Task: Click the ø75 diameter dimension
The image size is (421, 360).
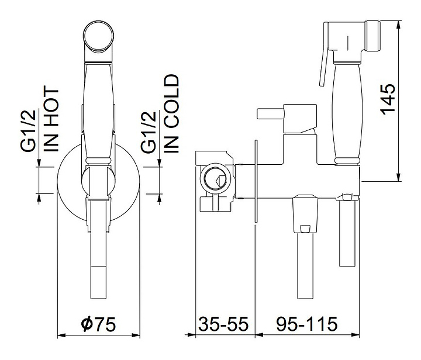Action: [x=98, y=324]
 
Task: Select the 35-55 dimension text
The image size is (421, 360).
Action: [x=223, y=324]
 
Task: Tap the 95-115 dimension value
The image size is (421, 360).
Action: [x=307, y=324]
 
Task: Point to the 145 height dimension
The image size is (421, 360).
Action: [x=388, y=99]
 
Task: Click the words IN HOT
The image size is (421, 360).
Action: [x=51, y=119]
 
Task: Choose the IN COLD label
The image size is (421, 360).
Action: [x=171, y=113]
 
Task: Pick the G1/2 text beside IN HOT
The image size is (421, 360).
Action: [x=28, y=131]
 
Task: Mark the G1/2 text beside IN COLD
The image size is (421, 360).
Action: [x=149, y=131]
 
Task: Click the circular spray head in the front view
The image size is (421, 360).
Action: [x=98, y=36]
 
